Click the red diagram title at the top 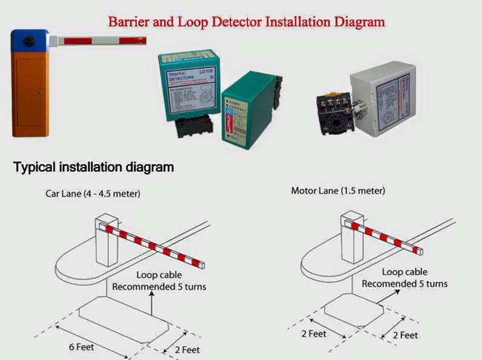point(246,22)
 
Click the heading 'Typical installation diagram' point(94,167)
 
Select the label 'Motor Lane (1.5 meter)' point(338,191)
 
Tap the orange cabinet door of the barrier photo point(30,91)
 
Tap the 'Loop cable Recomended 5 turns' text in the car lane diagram point(159,280)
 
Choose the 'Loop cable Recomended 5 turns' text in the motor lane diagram point(405,278)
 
